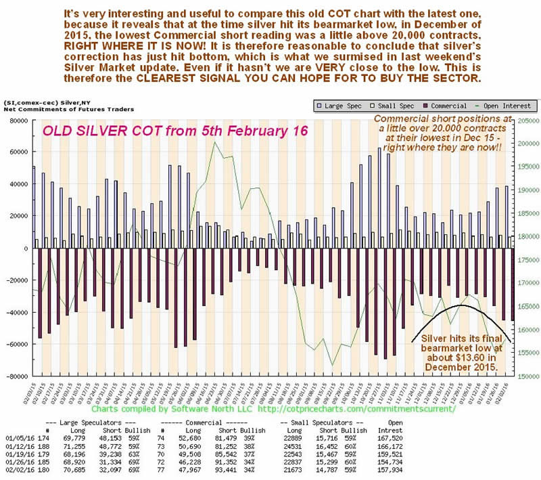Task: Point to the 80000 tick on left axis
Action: tap(17, 120)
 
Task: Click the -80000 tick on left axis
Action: tap(16, 376)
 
